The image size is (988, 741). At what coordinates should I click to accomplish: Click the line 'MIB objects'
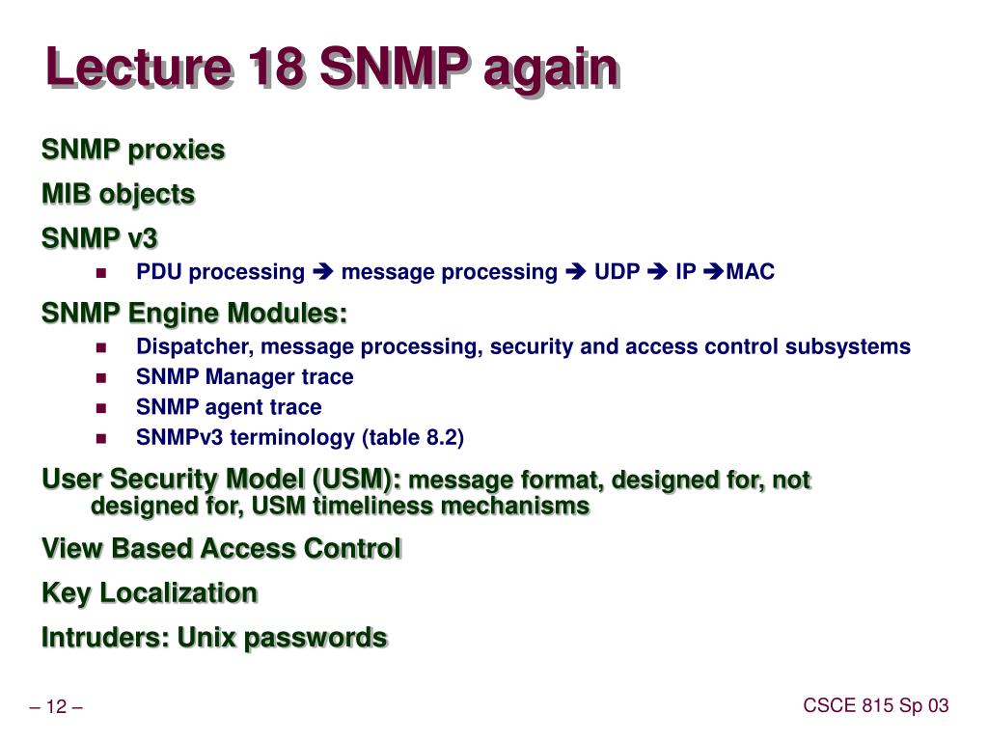pos(119,194)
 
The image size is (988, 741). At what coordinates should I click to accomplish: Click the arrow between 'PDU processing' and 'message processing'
pos(322,272)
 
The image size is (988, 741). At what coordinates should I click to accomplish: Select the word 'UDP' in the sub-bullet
pos(617,272)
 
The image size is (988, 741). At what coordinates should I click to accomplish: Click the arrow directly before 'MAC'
pos(714,272)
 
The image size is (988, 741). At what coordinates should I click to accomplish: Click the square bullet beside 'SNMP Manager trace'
pos(101,377)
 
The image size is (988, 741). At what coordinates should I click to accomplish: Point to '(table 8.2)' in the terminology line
pos(413,438)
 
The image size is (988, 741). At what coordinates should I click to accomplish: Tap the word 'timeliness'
pos(377,506)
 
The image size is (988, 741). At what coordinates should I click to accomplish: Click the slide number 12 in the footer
pos(56,708)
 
